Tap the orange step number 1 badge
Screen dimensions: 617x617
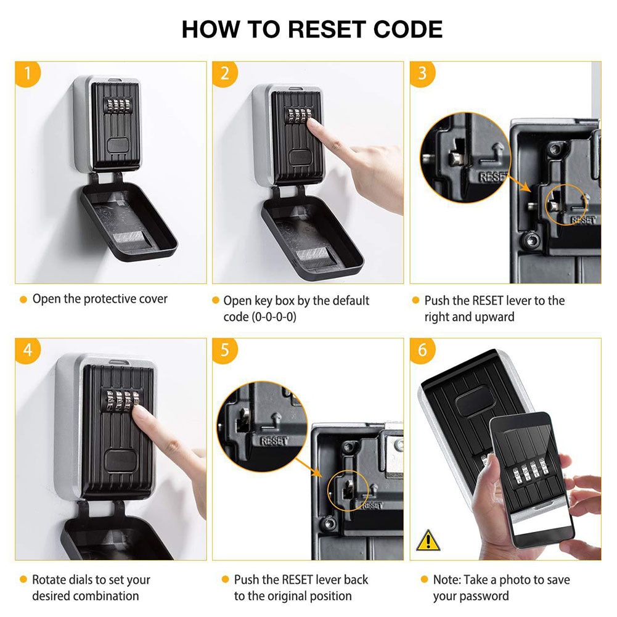(x=27, y=73)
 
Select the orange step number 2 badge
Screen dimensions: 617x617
(x=224, y=73)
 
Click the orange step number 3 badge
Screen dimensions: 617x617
(x=422, y=73)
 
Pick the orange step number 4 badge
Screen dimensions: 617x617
(x=27, y=350)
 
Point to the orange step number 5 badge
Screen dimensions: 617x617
(x=224, y=350)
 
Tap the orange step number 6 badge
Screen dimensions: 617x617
(x=422, y=350)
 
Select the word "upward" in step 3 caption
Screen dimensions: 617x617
(x=494, y=317)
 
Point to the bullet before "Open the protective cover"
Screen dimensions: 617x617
(x=23, y=300)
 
